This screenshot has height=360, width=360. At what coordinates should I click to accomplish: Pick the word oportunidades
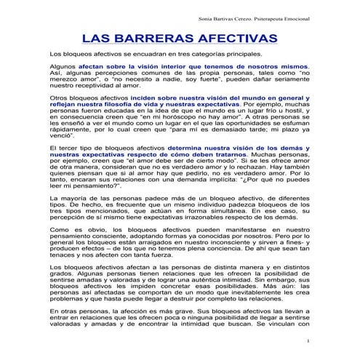click(x=234, y=127)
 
